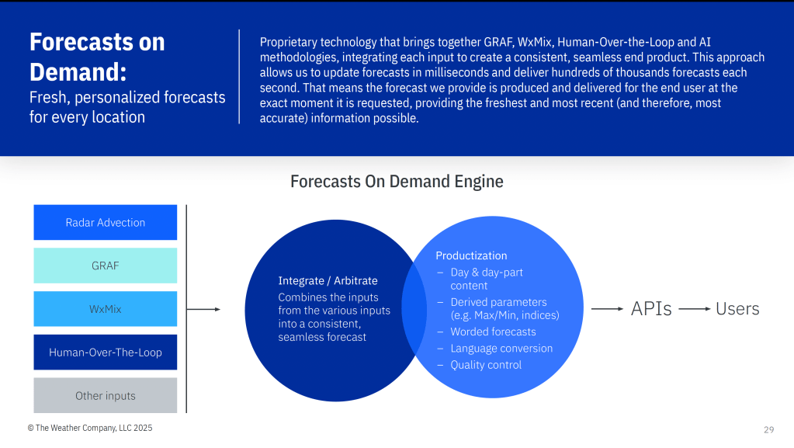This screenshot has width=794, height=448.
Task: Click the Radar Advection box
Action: point(106,223)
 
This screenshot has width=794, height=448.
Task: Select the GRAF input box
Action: point(106,266)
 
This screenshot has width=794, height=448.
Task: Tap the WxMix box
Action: point(106,309)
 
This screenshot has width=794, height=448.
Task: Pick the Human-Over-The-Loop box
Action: point(106,352)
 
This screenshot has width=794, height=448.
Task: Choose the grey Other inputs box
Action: point(106,395)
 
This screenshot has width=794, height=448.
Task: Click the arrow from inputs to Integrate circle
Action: point(203,309)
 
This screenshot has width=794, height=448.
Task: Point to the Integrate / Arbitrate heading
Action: point(328,281)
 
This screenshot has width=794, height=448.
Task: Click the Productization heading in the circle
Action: point(471,255)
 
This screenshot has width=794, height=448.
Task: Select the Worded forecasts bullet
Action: point(493,332)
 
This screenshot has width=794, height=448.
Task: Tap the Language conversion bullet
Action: point(501,348)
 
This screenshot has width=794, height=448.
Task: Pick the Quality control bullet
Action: point(486,365)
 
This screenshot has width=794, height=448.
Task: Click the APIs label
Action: point(651,309)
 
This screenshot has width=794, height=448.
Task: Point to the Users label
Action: point(737,309)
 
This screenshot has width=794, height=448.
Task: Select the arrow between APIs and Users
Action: point(695,309)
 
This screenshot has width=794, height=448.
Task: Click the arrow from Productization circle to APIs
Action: point(607,309)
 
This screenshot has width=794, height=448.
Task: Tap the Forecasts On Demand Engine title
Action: point(397,182)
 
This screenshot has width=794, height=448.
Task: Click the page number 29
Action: point(768,430)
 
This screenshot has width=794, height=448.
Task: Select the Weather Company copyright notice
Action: point(90,429)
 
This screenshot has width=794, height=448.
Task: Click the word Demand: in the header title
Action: point(78,72)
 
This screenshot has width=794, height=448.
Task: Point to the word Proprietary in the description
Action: point(288,43)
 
